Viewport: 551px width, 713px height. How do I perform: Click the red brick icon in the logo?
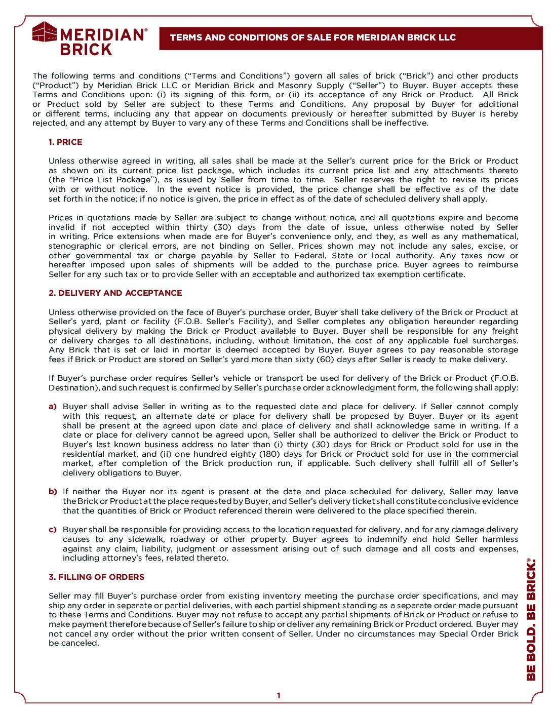coord(45,32)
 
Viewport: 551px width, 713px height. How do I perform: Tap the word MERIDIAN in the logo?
coord(102,34)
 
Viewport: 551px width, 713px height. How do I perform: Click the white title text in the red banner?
coord(313,37)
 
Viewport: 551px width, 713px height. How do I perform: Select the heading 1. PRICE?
coord(65,142)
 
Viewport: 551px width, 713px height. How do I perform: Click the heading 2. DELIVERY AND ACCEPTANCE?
coord(115,293)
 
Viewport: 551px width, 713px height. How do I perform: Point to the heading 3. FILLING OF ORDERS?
coord(96,577)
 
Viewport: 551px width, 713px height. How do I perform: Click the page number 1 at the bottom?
coord(278,696)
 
